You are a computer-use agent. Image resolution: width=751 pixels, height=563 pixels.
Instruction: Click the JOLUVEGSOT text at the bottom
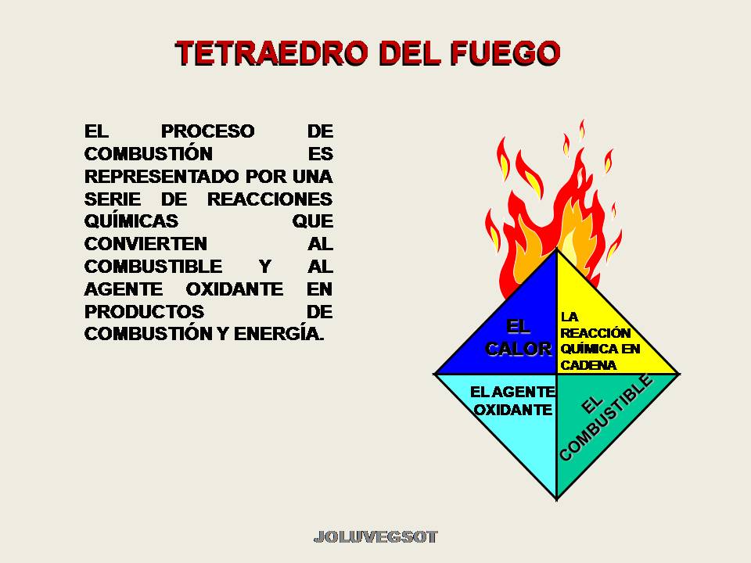[x=375, y=537]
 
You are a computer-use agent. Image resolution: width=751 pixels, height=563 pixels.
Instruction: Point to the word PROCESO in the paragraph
[x=208, y=131]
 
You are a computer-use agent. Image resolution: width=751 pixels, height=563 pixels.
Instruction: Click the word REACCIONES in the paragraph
[x=269, y=199]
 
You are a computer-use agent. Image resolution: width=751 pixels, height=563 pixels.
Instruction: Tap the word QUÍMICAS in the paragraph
[x=131, y=221]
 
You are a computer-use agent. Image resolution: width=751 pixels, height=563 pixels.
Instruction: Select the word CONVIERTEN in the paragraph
[x=146, y=243]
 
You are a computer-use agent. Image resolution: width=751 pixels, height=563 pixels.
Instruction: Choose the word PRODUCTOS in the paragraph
[x=145, y=311]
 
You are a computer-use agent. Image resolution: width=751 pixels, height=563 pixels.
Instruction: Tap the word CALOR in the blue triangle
[x=518, y=349]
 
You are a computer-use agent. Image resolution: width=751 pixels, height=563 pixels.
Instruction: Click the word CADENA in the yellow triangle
[x=589, y=364]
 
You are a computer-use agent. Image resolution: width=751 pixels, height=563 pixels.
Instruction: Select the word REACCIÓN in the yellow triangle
[x=595, y=333]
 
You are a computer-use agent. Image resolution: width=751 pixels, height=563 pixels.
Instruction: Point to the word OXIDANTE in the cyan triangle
[x=514, y=409]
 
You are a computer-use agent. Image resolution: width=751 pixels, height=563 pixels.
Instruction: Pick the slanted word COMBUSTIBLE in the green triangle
[x=607, y=419]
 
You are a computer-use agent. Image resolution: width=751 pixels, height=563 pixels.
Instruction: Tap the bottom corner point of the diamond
[x=556, y=499]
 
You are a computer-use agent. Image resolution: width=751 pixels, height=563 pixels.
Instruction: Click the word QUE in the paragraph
[x=313, y=221]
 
